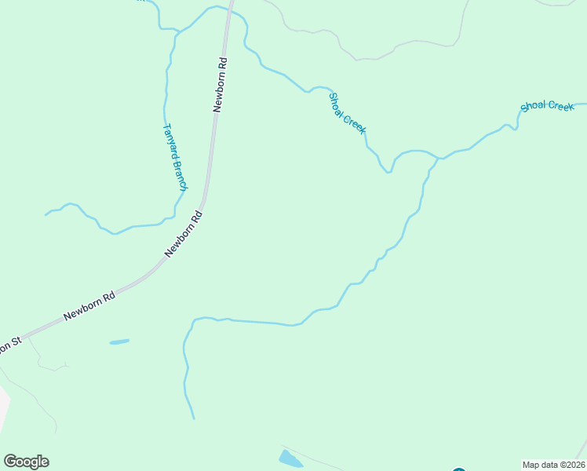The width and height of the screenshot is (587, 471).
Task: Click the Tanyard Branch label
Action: (x=174, y=157)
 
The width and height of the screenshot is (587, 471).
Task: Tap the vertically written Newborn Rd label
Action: (x=221, y=85)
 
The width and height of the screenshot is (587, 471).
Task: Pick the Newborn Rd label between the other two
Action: (x=184, y=234)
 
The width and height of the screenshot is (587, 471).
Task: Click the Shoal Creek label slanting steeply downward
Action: (x=347, y=113)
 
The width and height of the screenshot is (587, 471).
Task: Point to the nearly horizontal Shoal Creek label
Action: (x=547, y=106)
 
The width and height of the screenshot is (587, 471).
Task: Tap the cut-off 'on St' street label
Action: (x=9, y=345)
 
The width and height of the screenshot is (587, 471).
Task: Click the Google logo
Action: (x=26, y=462)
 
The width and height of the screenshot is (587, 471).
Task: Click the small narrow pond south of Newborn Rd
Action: (x=119, y=341)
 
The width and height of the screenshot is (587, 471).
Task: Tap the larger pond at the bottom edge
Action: (x=290, y=458)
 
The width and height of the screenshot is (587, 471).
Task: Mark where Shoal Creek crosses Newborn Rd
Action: (x=230, y=11)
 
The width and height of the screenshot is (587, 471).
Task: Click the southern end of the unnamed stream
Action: (x=193, y=418)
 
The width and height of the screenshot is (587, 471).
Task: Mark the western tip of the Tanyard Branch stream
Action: (x=46, y=214)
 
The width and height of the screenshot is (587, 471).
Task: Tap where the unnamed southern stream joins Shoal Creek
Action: (x=438, y=159)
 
